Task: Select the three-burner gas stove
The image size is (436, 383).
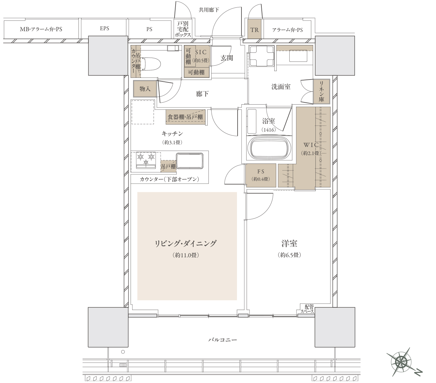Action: coord(146,160)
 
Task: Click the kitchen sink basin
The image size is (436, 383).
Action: coord(190,161)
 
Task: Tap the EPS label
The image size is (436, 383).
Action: coord(104,28)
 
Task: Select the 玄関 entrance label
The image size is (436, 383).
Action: coord(227,58)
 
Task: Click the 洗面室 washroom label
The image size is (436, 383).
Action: coord(281,87)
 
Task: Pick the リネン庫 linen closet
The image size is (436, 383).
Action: coord(322,91)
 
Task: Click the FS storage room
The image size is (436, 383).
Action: coord(261,175)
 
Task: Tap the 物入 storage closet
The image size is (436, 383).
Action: coord(145,89)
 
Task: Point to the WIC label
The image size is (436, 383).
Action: coord(311,145)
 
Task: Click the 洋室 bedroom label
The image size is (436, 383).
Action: coord(289,243)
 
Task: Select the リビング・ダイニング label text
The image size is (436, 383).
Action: coord(186,243)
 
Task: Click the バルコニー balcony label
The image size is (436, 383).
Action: coord(223,340)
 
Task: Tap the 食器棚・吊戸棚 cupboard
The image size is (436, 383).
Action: coord(185,117)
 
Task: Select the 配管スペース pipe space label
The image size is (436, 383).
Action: coord(308,309)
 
